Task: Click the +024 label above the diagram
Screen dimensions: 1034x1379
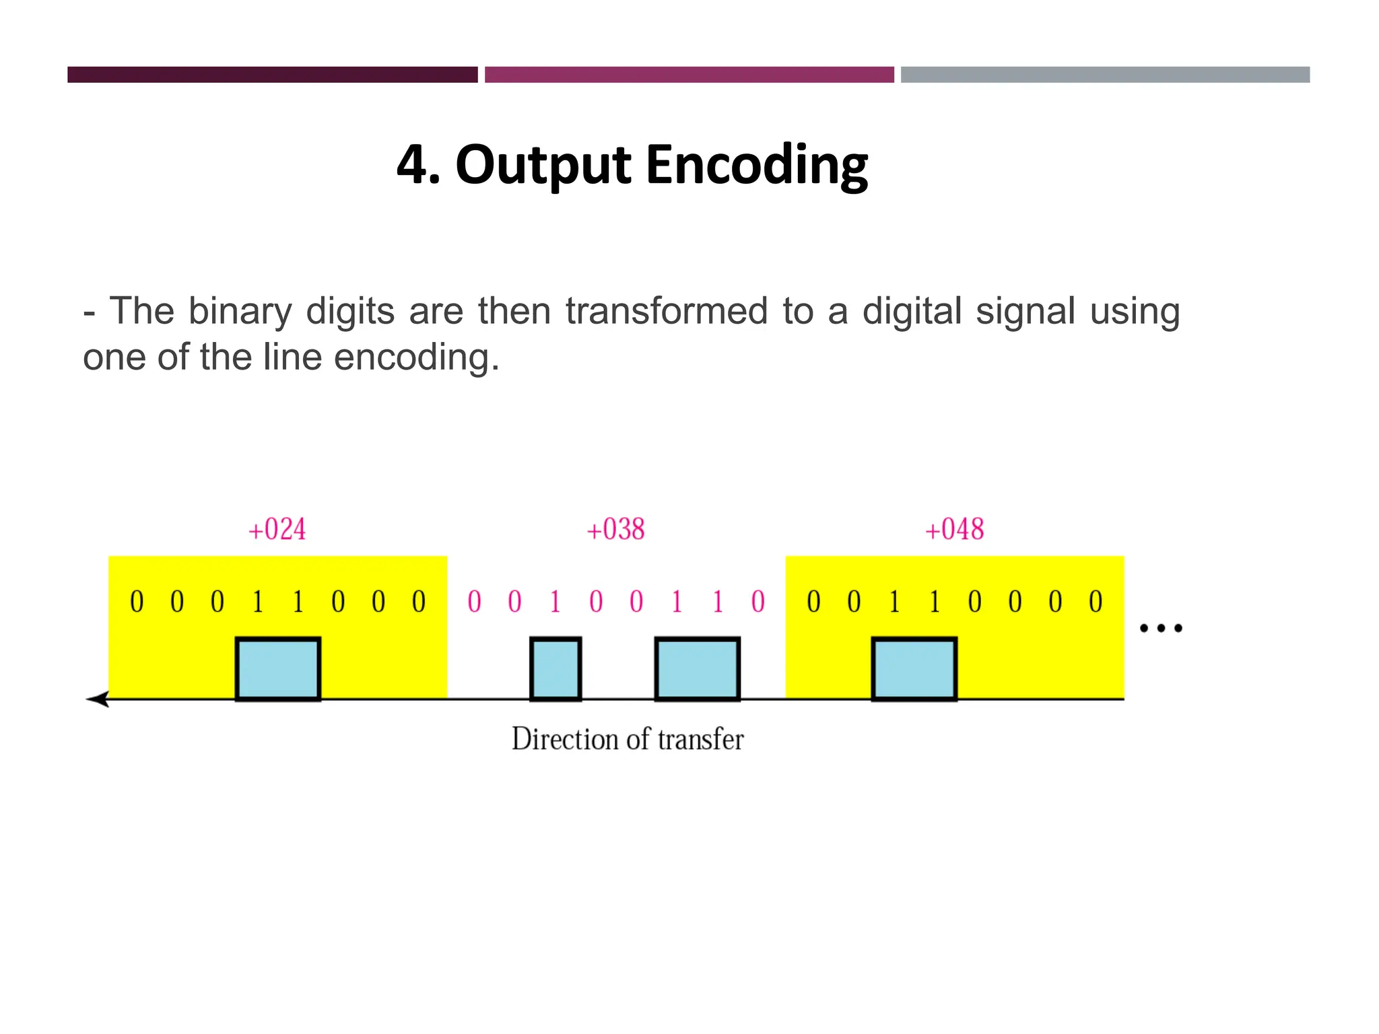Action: [x=277, y=530]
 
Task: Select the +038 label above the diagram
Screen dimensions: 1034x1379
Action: [x=615, y=530]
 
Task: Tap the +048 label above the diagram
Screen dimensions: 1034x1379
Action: [x=954, y=530]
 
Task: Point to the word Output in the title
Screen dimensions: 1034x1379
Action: [x=543, y=166]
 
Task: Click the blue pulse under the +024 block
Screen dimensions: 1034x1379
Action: [x=277, y=669]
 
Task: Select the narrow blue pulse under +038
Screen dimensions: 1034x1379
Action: [x=556, y=669]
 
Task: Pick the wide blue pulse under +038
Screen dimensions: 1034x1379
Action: [x=698, y=669]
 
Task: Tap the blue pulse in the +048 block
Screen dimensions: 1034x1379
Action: [x=914, y=669]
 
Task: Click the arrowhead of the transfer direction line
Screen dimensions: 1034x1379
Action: [x=98, y=699]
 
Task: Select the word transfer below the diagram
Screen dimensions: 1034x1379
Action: [x=700, y=739]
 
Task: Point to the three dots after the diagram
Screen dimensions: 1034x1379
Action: [x=1160, y=629]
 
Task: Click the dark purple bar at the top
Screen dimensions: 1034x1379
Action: [x=272, y=75]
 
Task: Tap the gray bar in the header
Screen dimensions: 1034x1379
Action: [x=1105, y=75]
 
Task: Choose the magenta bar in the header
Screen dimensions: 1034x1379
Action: [x=689, y=75]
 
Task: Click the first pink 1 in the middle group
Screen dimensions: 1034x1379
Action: [x=556, y=602]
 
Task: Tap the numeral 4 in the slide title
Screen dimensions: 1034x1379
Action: [x=413, y=166]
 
